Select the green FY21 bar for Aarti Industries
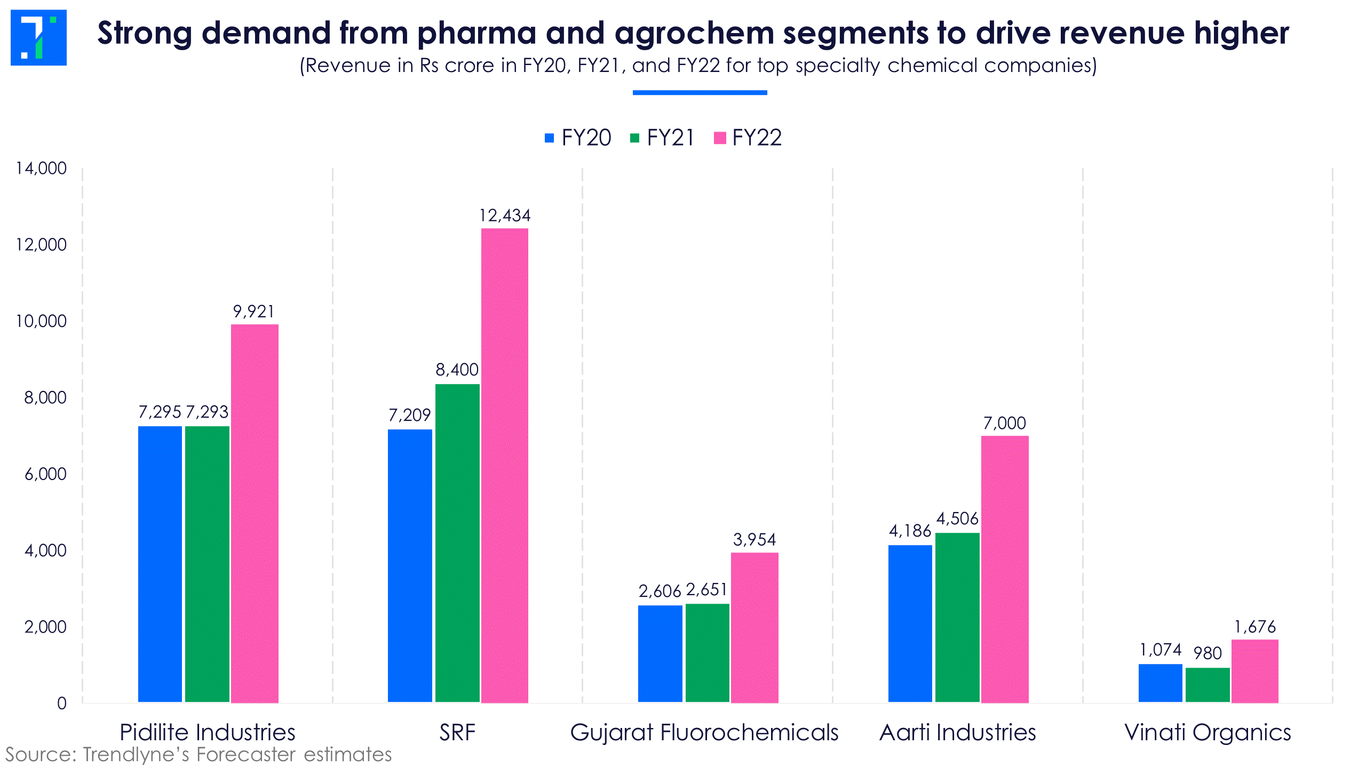(x=957, y=617)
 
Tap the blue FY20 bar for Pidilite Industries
(x=160, y=564)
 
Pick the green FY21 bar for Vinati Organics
(x=1208, y=685)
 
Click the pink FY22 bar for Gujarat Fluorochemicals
(x=755, y=627)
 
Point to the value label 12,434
(x=505, y=215)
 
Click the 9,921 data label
(x=254, y=311)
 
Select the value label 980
(x=1208, y=653)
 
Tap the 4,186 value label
(x=910, y=531)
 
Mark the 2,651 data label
(x=707, y=590)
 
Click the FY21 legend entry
(x=662, y=138)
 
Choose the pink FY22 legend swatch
(x=720, y=138)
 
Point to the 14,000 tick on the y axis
(x=42, y=169)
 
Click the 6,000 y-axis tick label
(x=46, y=474)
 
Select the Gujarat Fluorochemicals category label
(x=704, y=732)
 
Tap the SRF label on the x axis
(x=457, y=732)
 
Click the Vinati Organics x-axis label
(x=1208, y=732)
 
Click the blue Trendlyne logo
(x=38, y=37)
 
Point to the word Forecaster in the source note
(x=246, y=755)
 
